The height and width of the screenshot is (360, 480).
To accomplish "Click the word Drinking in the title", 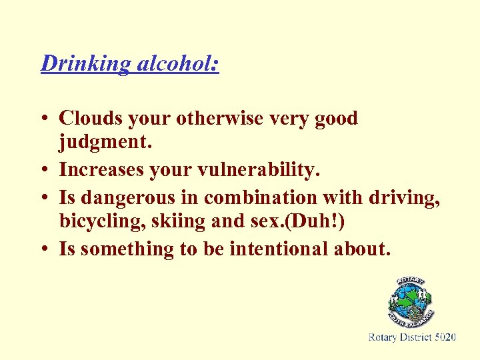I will [87, 63].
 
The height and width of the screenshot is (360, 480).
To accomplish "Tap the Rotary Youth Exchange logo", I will [411, 304].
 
